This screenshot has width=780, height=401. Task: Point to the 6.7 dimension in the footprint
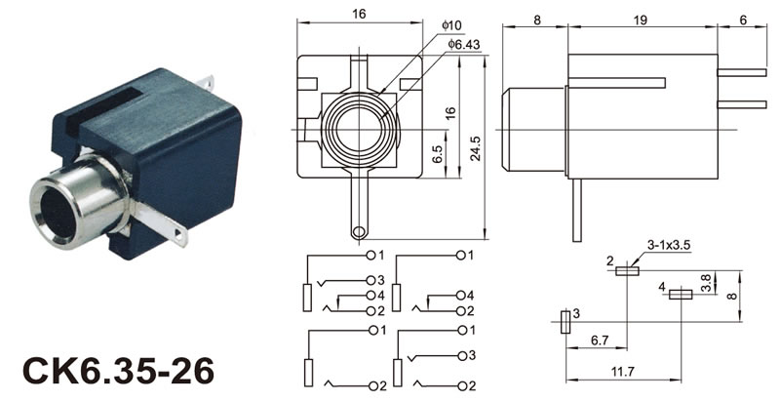point(601,341)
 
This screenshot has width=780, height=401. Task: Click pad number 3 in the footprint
point(565,323)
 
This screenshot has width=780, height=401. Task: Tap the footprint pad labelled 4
point(681,292)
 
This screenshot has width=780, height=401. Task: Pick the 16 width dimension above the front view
point(359,15)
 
